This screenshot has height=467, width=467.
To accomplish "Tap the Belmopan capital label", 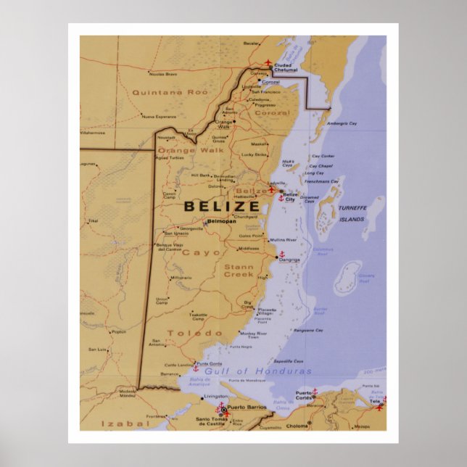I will pos(222,221).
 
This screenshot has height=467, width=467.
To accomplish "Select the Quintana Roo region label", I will pos(159,92).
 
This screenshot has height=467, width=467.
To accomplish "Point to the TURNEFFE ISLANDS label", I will pos(352,213).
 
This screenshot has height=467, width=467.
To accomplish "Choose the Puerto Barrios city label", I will pos(247,408).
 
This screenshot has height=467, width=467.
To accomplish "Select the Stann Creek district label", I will pos(239,270).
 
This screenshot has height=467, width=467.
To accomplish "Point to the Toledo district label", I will pos(195,333).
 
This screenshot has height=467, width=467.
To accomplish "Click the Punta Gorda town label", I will pos(209,363).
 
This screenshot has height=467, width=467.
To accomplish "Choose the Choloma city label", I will pos(297,426).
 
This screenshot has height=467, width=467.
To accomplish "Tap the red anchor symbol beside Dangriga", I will pos(282,254).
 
